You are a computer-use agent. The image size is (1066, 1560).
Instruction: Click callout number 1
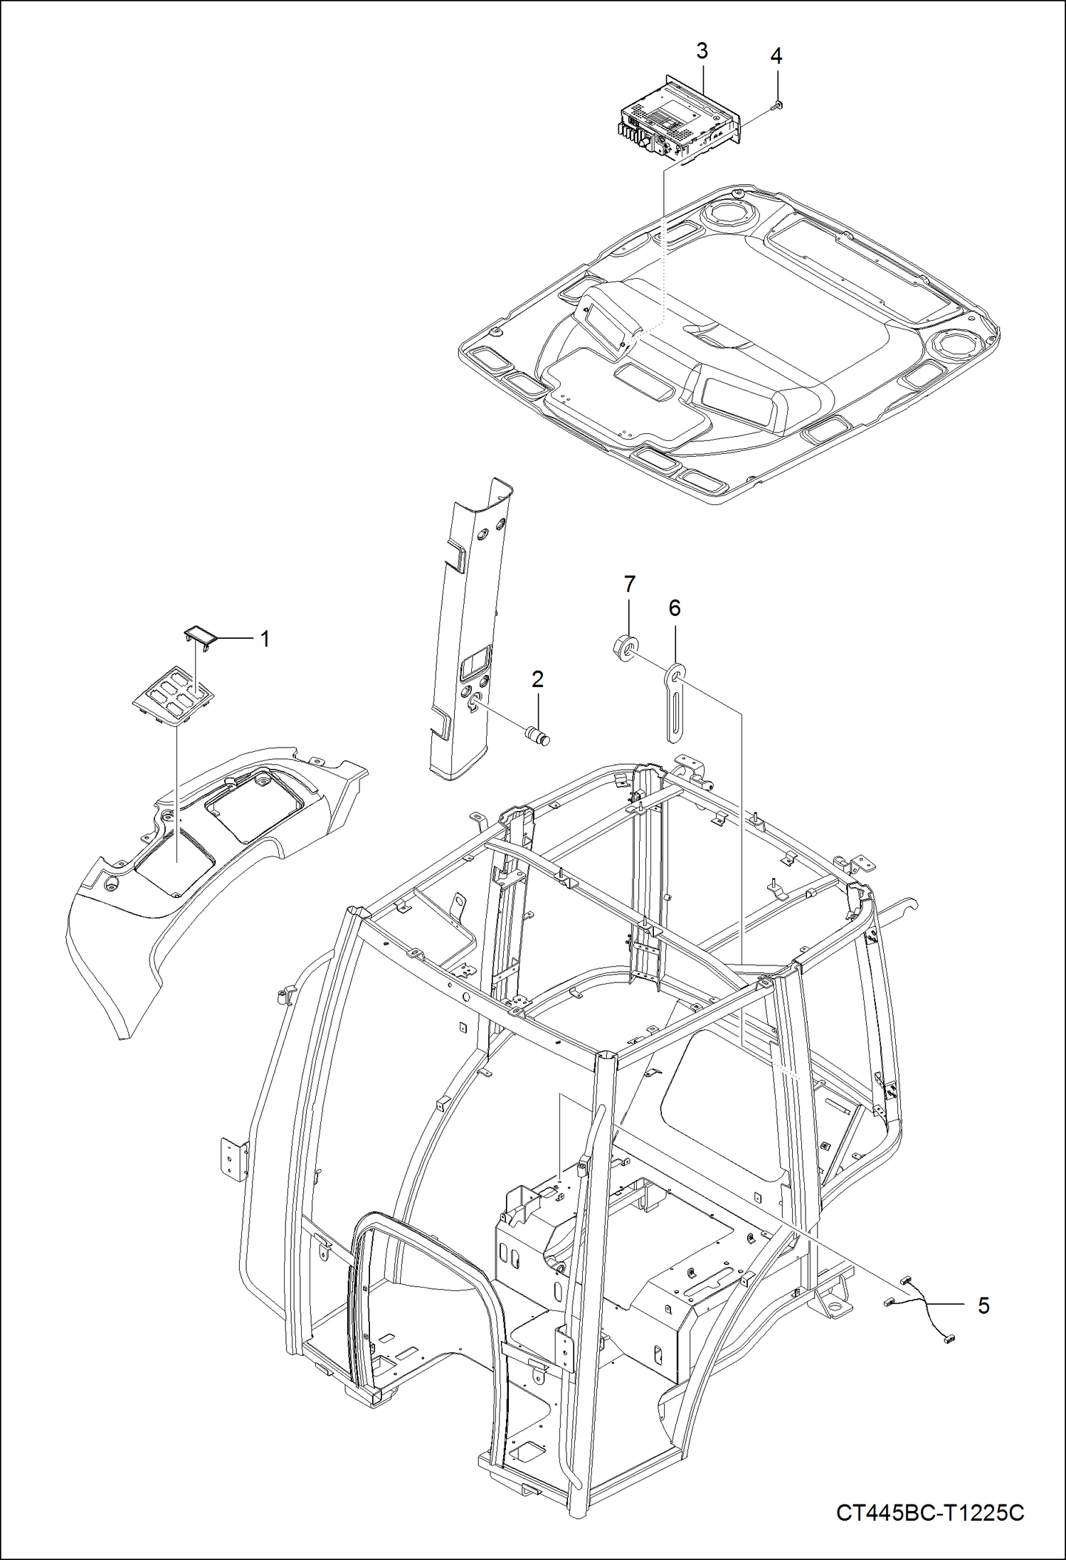(x=265, y=640)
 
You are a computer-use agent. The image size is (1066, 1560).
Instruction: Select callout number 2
(x=537, y=679)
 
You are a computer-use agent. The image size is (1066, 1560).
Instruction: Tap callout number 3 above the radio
(x=702, y=51)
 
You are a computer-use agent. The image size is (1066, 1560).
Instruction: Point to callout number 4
(x=776, y=56)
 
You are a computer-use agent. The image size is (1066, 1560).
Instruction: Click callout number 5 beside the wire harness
(x=983, y=1305)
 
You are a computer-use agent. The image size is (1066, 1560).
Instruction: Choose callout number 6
(x=674, y=608)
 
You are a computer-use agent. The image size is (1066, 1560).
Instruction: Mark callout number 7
(x=629, y=585)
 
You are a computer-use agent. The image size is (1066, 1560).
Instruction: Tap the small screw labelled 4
(x=776, y=106)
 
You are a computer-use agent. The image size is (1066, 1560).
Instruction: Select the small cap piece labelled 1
(x=200, y=637)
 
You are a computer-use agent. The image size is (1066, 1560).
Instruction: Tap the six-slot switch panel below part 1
(x=174, y=695)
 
